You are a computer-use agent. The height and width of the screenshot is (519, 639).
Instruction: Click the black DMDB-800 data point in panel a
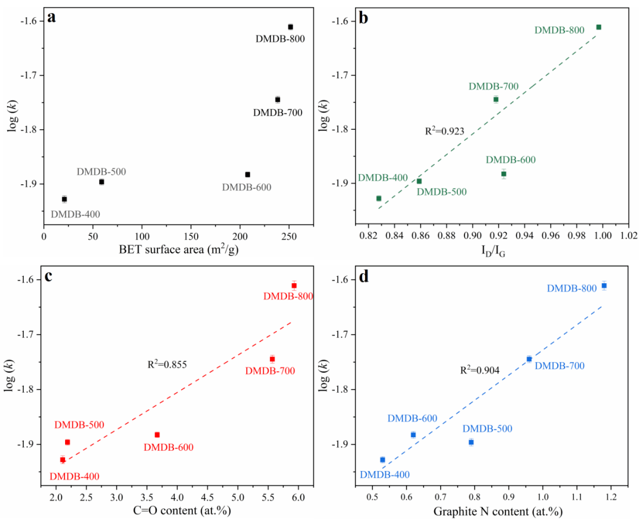[x=291, y=27]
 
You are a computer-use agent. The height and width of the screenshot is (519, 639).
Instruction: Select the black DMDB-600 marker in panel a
[x=248, y=174]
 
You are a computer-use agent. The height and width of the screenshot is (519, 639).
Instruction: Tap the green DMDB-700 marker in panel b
[x=496, y=99]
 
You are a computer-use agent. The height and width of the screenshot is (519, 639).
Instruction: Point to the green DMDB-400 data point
[x=379, y=198]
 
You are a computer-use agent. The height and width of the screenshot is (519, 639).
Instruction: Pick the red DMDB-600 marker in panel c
[x=157, y=435]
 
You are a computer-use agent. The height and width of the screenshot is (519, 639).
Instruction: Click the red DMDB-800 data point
[x=294, y=286]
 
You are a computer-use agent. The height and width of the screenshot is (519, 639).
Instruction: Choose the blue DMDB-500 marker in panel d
[x=471, y=442]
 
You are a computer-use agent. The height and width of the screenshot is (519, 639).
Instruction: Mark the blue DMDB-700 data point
[x=529, y=359]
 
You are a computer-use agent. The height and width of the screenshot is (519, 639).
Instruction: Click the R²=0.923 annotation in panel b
[x=445, y=131]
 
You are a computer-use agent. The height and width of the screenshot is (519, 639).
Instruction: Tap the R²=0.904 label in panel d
[x=480, y=370]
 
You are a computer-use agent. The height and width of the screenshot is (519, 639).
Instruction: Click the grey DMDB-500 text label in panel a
[x=101, y=171]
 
